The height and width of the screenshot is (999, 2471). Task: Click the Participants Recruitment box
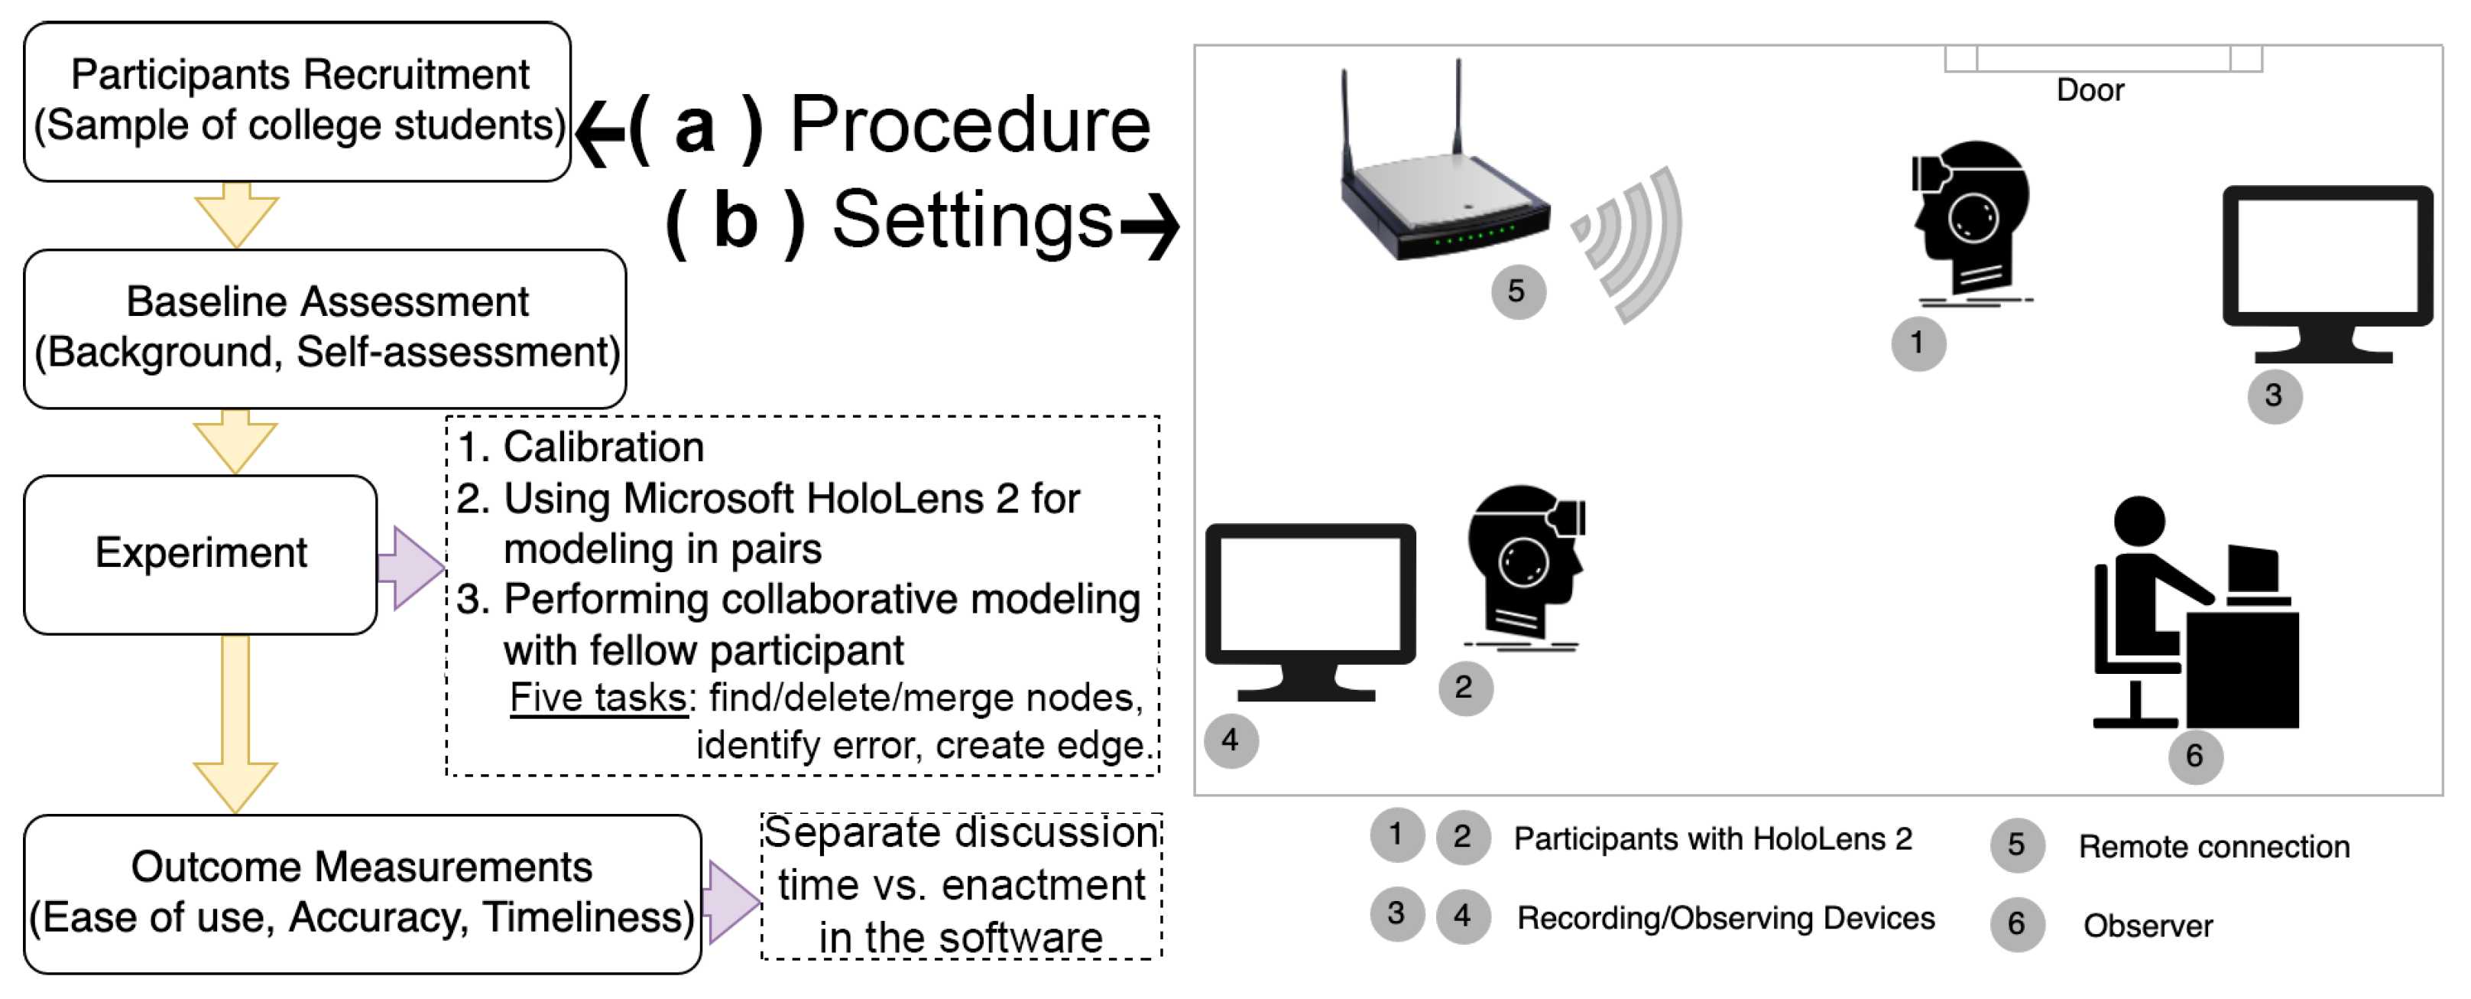297,102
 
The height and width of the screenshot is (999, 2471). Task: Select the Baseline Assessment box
325,329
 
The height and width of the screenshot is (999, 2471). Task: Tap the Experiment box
200,555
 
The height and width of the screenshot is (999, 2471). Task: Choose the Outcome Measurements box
362,894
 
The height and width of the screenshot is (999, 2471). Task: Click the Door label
2090,90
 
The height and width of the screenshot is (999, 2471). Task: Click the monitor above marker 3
2328,274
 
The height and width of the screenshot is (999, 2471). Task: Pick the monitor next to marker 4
1310,611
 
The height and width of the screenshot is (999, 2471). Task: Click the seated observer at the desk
2197,612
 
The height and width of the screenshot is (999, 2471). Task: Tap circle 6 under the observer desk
2196,757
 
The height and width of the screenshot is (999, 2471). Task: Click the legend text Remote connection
2214,847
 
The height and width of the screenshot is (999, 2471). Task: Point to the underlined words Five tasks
598,698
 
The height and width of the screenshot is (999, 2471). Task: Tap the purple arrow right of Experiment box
410,567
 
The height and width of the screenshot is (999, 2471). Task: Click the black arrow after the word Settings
1150,226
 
